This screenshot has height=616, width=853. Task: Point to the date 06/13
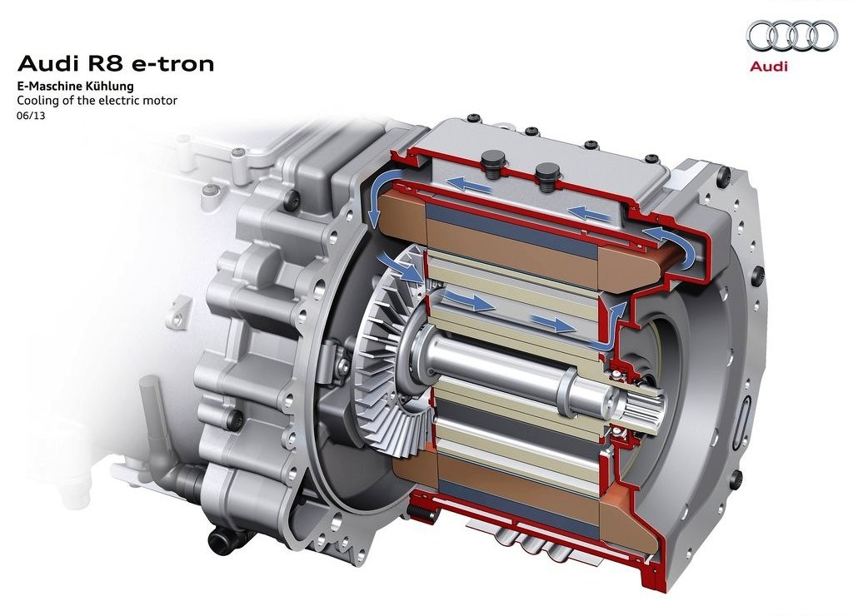[x=31, y=115]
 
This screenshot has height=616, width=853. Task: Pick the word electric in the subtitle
[x=124, y=101]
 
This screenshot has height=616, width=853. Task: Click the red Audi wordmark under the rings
[x=768, y=67]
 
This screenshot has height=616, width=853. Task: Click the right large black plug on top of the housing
[x=546, y=175]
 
